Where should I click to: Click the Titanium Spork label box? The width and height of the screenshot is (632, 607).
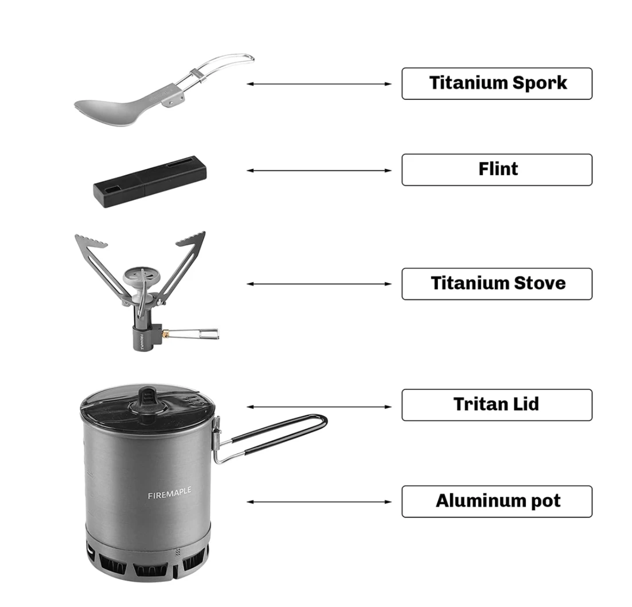(496, 83)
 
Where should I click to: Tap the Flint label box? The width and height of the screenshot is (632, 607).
(496, 170)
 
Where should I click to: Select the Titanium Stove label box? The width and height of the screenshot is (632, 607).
(496, 284)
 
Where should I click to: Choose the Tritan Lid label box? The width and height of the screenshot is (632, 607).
(496, 405)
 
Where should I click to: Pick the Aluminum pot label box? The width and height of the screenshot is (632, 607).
(496, 501)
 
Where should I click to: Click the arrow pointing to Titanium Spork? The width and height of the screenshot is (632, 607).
(319, 84)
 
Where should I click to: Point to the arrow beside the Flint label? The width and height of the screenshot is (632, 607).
(319, 170)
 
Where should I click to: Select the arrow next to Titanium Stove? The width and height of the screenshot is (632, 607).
(319, 284)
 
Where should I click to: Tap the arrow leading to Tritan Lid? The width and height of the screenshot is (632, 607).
(319, 407)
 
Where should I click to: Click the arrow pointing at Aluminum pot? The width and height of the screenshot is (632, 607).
(319, 502)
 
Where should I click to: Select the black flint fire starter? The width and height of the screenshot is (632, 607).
(150, 182)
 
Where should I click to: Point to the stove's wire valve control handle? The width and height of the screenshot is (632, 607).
(194, 334)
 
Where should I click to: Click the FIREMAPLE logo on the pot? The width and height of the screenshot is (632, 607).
(169, 493)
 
